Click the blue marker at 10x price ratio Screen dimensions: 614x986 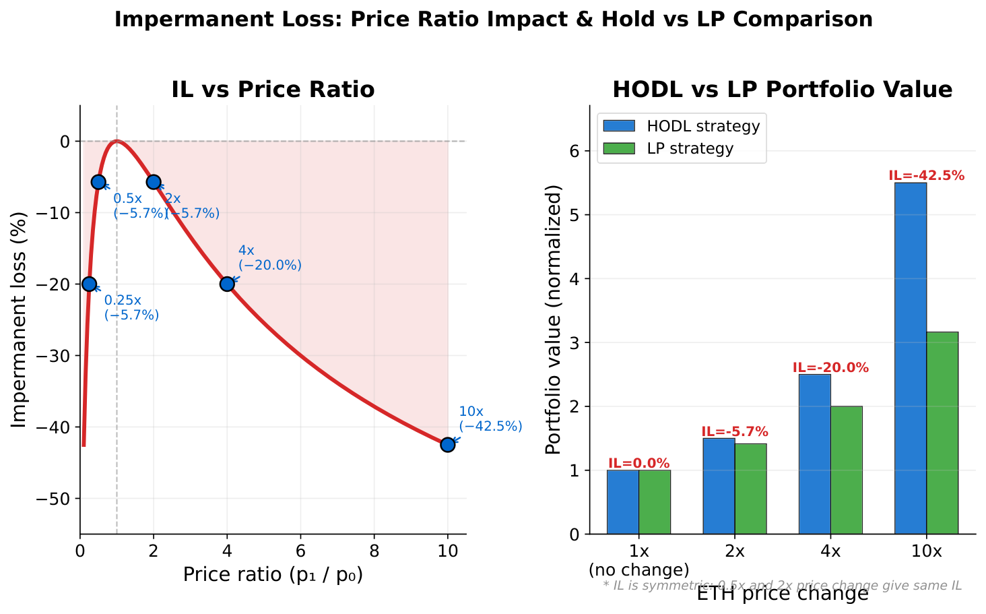[447, 444]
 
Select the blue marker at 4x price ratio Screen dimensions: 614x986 [227, 284]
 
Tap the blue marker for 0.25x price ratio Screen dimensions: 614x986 [89, 284]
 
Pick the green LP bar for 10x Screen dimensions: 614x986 [942, 433]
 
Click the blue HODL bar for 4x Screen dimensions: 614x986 [814, 454]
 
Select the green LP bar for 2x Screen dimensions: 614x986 [750, 489]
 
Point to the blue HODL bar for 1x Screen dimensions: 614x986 [622, 501]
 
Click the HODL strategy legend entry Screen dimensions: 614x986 [681, 126]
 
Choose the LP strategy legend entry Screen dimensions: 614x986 [667, 149]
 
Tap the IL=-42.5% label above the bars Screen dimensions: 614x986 [926, 176]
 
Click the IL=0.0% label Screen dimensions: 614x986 [638, 464]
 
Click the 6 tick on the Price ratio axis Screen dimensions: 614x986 [300, 551]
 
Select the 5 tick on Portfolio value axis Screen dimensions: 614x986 [573, 215]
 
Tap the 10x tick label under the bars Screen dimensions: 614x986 [926, 551]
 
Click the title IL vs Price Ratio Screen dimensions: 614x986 [273, 90]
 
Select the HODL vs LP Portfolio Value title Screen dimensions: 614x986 [782, 90]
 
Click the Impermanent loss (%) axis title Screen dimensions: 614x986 [20, 319]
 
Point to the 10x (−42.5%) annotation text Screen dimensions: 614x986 [490, 419]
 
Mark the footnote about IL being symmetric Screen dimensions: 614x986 [782, 586]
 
